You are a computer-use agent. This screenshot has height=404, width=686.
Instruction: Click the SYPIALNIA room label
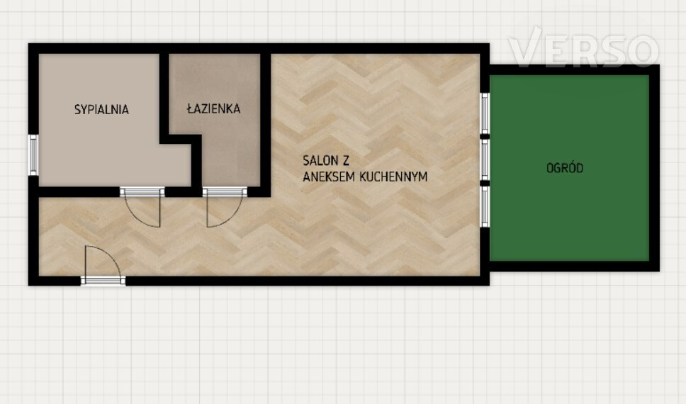pos(101,109)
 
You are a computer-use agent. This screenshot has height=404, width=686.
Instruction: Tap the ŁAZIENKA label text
pos(213,108)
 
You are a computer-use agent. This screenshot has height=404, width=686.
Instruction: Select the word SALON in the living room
pos(320,161)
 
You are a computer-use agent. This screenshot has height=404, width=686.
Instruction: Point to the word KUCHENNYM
pos(393,176)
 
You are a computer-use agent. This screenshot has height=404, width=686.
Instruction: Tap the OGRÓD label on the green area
pos(565,168)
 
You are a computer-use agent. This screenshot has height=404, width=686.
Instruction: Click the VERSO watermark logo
pos(584,47)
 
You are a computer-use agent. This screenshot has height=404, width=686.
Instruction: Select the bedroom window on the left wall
pos(33,155)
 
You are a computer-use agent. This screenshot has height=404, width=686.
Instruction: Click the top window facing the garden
pos(485,113)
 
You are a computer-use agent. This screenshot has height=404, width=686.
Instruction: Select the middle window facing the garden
pos(485,159)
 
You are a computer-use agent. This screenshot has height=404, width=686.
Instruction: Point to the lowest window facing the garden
pos(485,206)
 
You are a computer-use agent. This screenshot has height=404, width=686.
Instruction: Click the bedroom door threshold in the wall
pos(142,191)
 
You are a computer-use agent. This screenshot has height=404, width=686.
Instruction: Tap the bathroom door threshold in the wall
pos(225,191)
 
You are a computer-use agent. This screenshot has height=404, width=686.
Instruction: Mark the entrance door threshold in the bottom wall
pos(103,281)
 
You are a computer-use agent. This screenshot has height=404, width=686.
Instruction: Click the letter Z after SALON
pos(346,161)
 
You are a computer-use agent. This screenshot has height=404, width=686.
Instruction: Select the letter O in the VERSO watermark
pos(643,51)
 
